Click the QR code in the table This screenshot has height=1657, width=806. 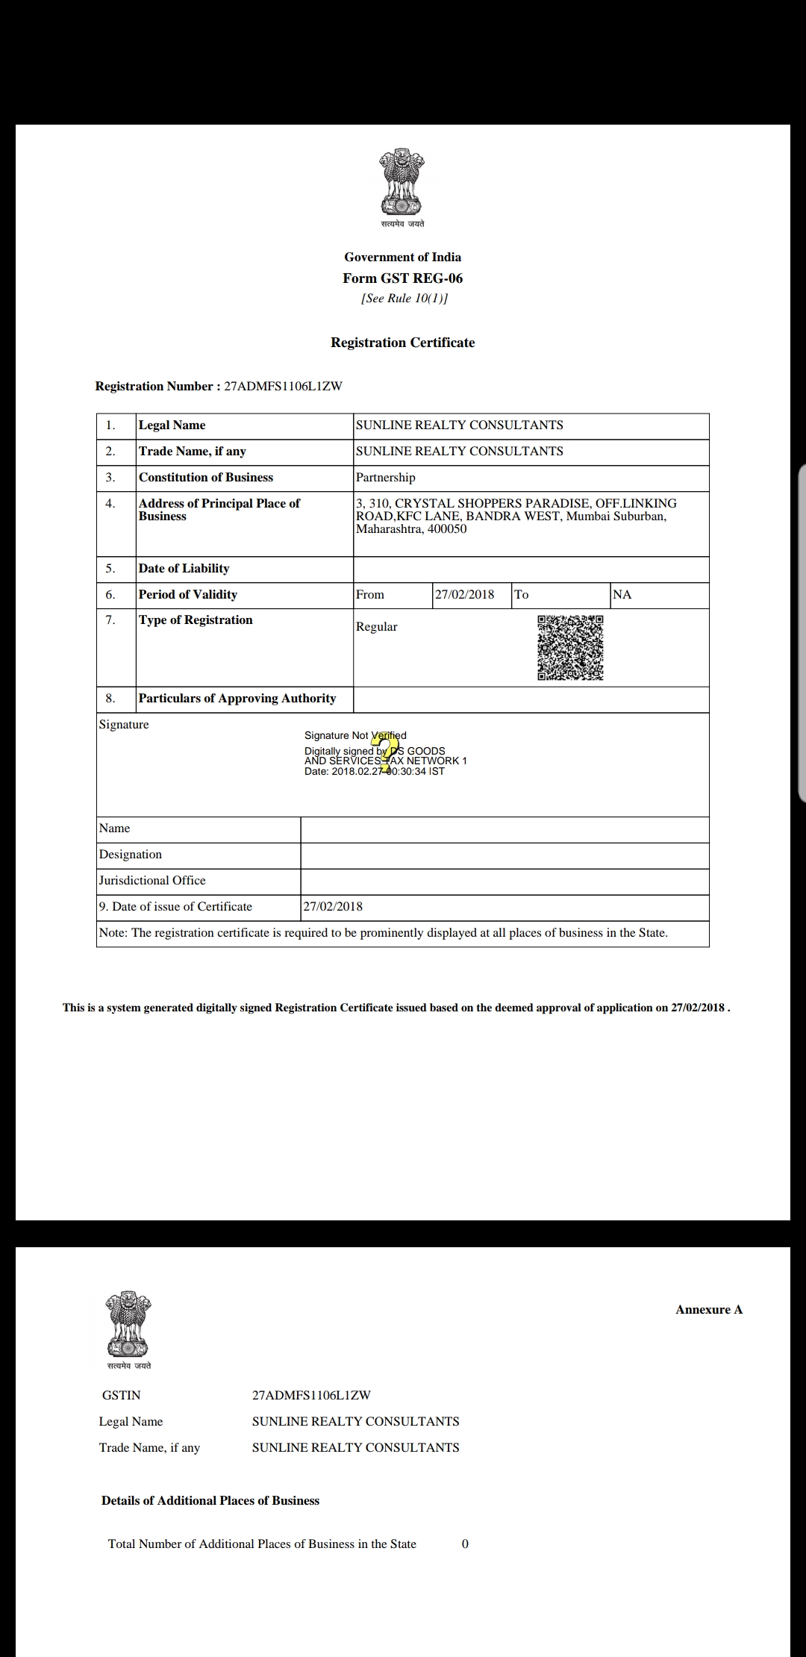(570, 648)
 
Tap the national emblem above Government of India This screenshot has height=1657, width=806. (402, 183)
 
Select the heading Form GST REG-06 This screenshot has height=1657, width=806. (402, 278)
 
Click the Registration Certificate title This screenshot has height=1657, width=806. (402, 343)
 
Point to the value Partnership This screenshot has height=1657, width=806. (385, 478)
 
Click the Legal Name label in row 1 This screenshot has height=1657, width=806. (172, 425)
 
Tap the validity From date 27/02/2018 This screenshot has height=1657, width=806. (464, 595)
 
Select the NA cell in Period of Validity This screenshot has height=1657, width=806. (622, 595)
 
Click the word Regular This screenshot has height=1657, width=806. (376, 627)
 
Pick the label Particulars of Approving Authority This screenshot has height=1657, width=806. (237, 699)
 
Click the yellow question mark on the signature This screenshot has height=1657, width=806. (386, 752)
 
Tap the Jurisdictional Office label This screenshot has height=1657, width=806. (152, 881)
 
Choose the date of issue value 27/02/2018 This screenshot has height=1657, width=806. (333, 907)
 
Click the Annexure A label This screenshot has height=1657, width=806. (709, 1310)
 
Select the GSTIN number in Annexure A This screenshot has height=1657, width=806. (311, 1396)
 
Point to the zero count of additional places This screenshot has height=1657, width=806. (465, 1544)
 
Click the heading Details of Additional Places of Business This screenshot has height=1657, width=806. (210, 1501)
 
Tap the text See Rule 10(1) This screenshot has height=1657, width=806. (404, 299)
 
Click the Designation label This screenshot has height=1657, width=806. (131, 855)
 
